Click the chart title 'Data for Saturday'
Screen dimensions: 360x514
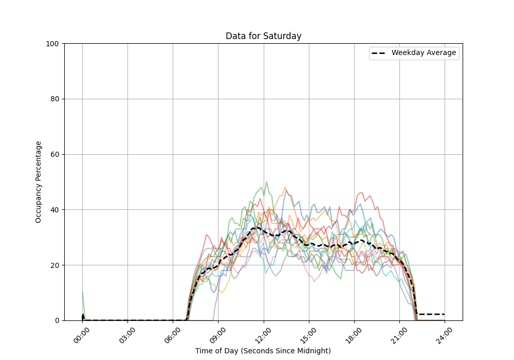point(263,36)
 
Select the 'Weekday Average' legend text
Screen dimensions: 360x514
point(424,53)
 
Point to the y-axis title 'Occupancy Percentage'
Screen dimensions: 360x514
point(39,182)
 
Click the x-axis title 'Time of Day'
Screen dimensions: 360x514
point(263,351)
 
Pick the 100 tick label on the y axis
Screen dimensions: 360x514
point(53,44)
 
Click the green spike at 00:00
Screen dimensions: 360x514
point(83,298)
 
